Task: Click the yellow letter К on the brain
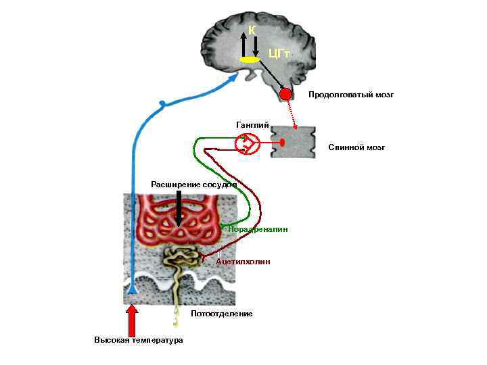tap(252, 30)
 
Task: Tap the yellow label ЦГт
tap(279, 52)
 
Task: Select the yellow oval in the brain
tap(250, 60)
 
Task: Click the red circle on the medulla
tap(286, 94)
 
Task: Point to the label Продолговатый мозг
tap(350, 95)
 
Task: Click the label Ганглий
tap(252, 125)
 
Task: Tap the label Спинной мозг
tap(356, 147)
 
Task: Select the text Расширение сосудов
tap(193, 184)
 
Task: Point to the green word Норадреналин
tap(258, 229)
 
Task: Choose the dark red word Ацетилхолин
tap(243, 261)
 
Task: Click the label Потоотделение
tap(222, 314)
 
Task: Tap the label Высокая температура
tap(139, 340)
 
